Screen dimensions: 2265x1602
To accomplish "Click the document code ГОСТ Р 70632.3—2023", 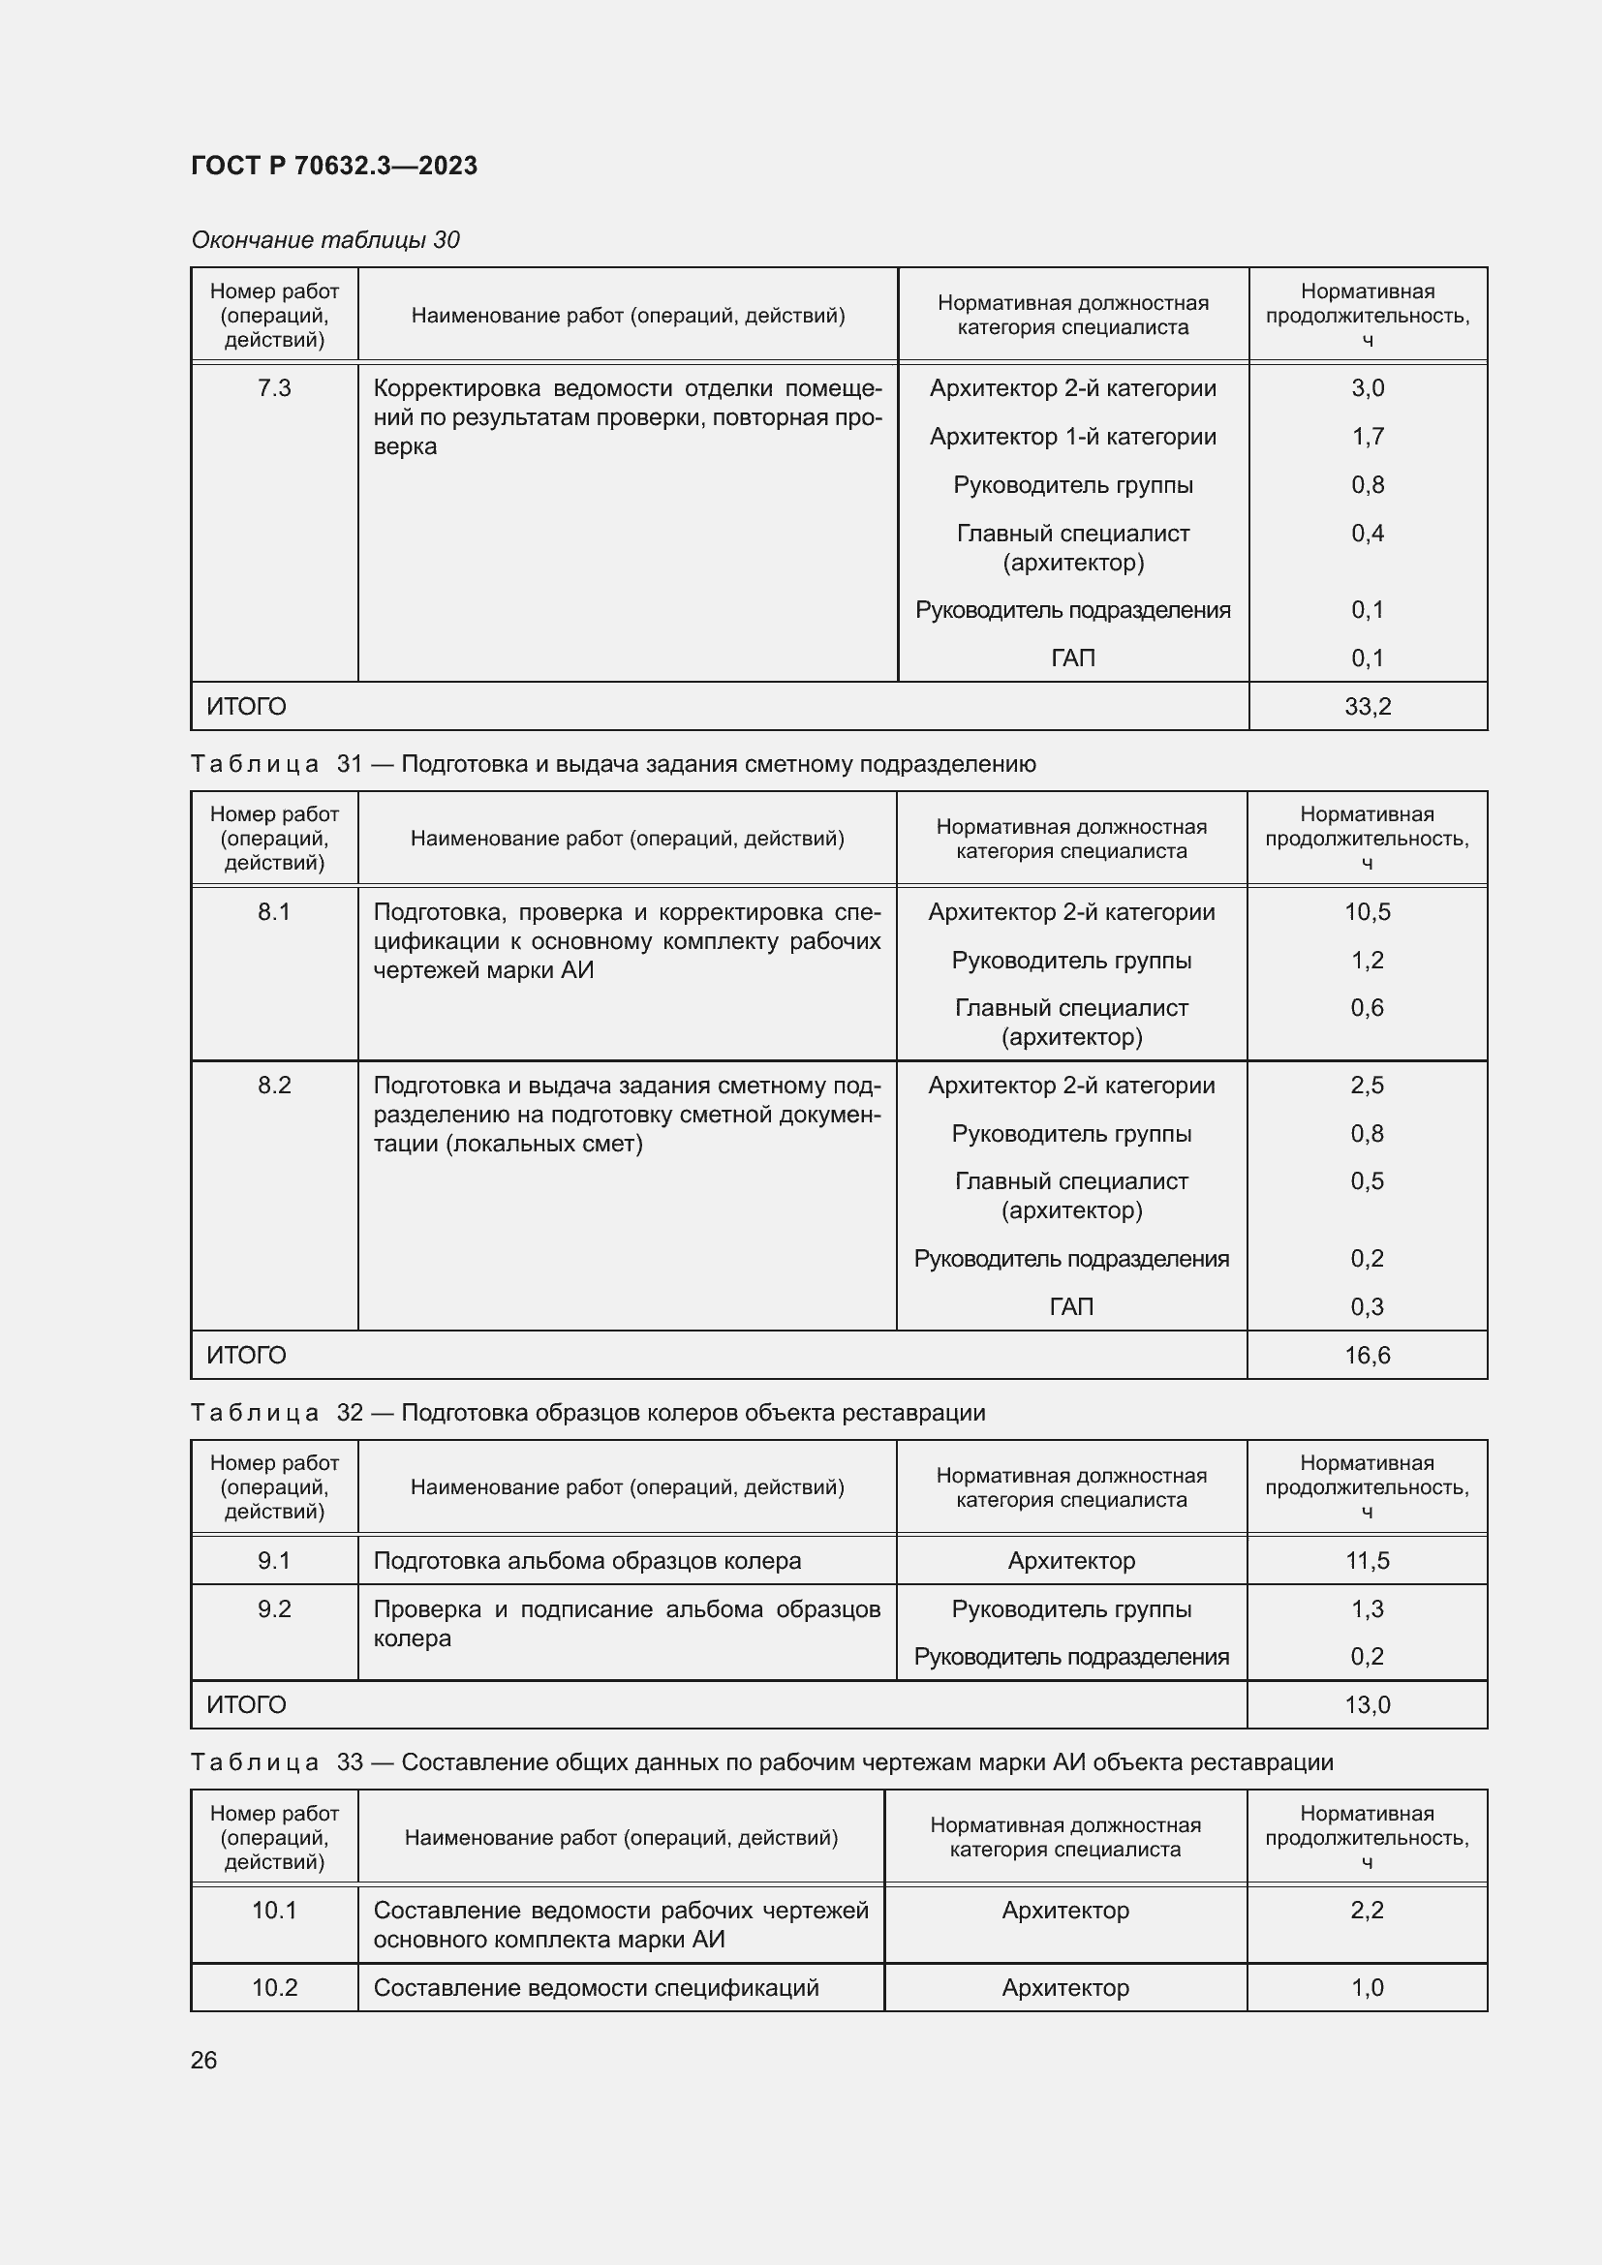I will [x=333, y=166].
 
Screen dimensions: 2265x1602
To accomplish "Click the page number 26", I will [x=203, y=2060].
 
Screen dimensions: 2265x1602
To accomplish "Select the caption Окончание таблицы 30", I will [x=324, y=240].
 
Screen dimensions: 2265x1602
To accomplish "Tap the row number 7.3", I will [x=274, y=387].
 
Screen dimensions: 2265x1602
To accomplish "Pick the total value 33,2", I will [x=1367, y=706].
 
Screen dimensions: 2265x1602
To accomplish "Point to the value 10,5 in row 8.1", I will [x=1367, y=911].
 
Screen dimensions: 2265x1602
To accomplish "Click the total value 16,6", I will [x=1367, y=1355].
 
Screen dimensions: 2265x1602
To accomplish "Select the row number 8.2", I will [x=274, y=1086].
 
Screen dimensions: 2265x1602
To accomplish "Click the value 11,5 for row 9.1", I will [x=1367, y=1561].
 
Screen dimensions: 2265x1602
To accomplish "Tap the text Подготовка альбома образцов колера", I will [x=587, y=1561].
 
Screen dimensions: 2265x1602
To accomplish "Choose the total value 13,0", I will [x=1367, y=1704].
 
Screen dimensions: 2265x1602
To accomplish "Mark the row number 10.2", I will [x=274, y=1988].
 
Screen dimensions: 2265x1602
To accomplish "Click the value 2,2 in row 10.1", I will [x=1367, y=1911].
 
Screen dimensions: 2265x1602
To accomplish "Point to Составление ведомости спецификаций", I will [x=596, y=1988].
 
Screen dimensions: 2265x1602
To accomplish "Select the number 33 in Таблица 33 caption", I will [x=350, y=1761].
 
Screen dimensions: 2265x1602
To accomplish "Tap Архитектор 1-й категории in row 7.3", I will [x=1072, y=436].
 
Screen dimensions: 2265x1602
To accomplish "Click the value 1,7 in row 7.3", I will [x=1367, y=436].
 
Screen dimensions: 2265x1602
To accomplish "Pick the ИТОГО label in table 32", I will [x=246, y=1704].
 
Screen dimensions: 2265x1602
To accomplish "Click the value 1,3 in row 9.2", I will [x=1367, y=1609].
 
